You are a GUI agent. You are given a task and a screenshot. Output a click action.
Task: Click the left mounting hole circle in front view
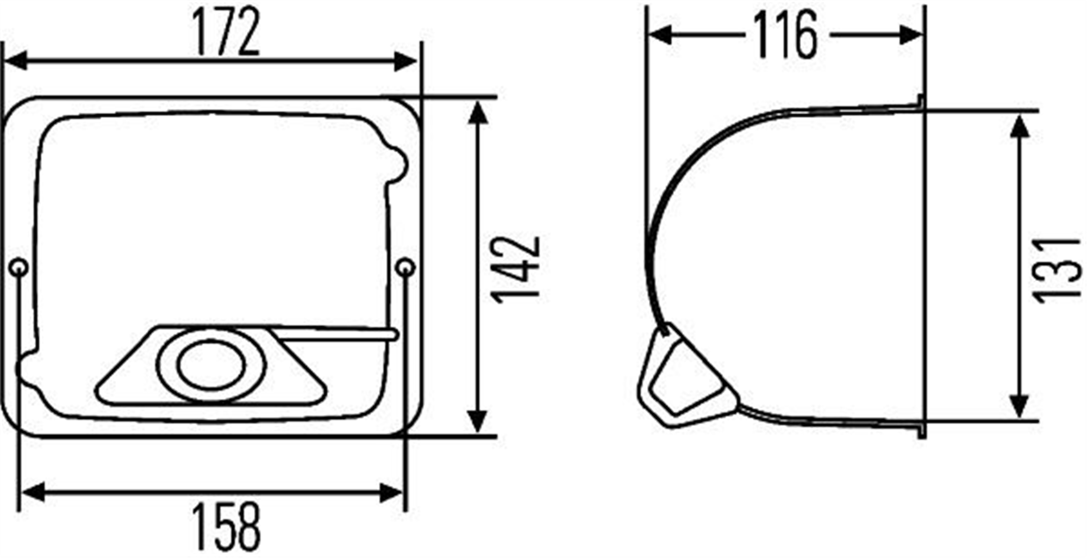[20, 268]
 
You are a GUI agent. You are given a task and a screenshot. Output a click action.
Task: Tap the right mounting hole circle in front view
[406, 268]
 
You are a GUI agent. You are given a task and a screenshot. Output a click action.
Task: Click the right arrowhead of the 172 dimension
[407, 61]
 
